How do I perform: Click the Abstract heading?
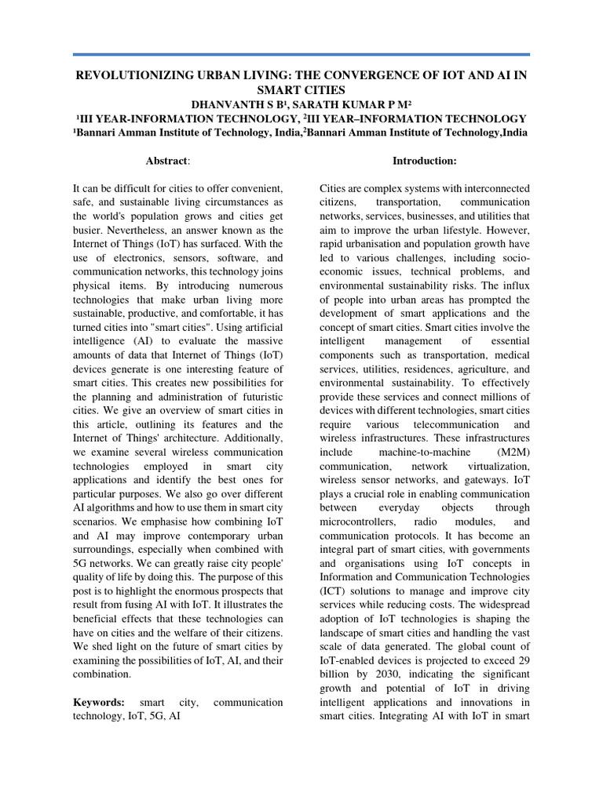tap(167, 160)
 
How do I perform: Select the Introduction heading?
tap(425, 160)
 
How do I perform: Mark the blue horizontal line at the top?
tap(301, 55)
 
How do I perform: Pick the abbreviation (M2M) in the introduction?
tap(513, 453)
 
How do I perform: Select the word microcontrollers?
tap(359, 521)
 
